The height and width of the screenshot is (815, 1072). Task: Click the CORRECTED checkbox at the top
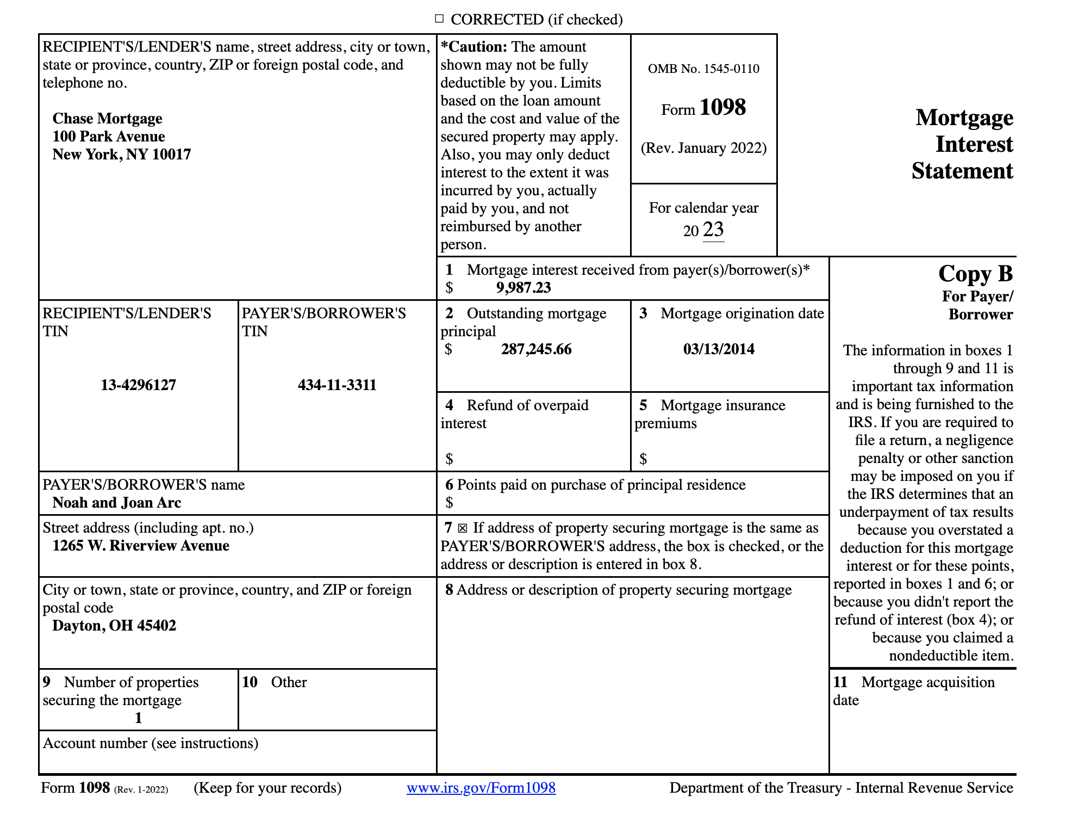tap(439, 19)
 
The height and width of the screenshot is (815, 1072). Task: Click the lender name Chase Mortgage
tap(107, 119)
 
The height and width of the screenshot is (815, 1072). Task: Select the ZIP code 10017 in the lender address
tap(171, 155)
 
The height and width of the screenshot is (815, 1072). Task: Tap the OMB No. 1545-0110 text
tap(703, 69)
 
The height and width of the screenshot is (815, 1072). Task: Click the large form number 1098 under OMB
tap(722, 107)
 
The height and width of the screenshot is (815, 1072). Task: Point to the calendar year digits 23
tap(713, 230)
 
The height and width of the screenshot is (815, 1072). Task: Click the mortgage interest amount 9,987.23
tap(523, 288)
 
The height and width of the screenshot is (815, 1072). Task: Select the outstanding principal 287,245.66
tap(536, 349)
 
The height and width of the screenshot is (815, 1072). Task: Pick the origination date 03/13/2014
tap(719, 349)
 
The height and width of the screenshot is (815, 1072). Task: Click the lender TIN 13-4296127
tap(138, 385)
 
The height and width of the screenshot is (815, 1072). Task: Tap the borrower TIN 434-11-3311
tap(337, 385)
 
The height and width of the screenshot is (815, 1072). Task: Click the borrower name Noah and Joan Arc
tap(116, 503)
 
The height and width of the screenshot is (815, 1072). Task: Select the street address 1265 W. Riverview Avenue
tap(141, 546)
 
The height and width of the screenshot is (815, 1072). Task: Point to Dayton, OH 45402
tap(114, 626)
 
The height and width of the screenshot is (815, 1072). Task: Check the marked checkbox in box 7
tap(462, 528)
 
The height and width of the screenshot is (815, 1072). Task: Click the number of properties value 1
tap(138, 718)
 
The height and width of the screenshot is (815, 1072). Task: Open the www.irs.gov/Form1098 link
tap(481, 788)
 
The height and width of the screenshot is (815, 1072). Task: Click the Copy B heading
tap(975, 274)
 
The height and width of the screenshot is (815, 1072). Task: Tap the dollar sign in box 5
tap(643, 459)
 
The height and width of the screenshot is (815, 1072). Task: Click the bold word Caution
tap(476, 47)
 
